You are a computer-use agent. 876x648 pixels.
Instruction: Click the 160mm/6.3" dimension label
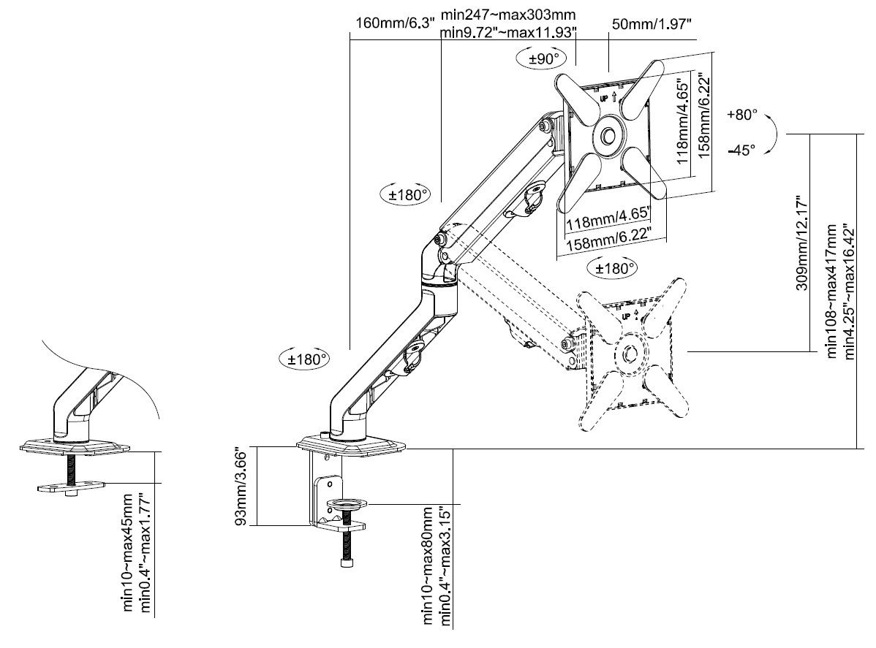click(395, 23)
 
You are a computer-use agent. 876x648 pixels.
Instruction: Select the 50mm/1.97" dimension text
click(652, 24)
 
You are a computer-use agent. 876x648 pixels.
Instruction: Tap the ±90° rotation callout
click(541, 58)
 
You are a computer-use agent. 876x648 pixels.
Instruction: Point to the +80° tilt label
click(742, 115)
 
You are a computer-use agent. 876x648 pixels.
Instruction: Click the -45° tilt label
click(741, 150)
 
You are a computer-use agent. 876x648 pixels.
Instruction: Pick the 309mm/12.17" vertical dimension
click(801, 243)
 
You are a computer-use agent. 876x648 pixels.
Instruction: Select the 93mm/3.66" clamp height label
click(241, 486)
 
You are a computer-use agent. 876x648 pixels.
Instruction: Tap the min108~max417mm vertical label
click(832, 291)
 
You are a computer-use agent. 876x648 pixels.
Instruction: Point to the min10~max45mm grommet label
click(128, 552)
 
